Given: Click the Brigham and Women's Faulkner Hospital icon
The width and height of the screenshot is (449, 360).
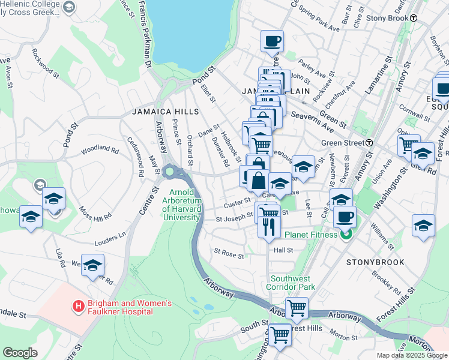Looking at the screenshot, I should pyautogui.click(x=78, y=307).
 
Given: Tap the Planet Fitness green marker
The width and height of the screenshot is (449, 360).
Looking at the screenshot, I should pyautogui.click(x=345, y=235).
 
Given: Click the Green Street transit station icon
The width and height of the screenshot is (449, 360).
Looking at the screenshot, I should pyautogui.click(x=370, y=143).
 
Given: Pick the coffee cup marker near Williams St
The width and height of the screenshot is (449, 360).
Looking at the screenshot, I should pyautogui.click(x=344, y=217).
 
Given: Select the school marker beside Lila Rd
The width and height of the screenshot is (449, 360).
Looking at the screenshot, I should pyautogui.click(x=92, y=265).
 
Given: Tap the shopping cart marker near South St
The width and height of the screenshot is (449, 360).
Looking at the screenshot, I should pyautogui.click(x=279, y=334).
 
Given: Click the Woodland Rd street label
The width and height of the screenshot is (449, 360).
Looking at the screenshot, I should pyautogui.click(x=100, y=147).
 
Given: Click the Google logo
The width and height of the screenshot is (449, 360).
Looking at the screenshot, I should pyautogui.click(x=20, y=352).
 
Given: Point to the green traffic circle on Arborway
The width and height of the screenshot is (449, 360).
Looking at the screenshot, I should pyautogui.click(x=170, y=172).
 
